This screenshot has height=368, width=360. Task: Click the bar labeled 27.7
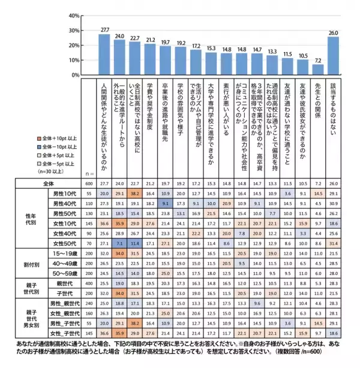click(x=105, y=55)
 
